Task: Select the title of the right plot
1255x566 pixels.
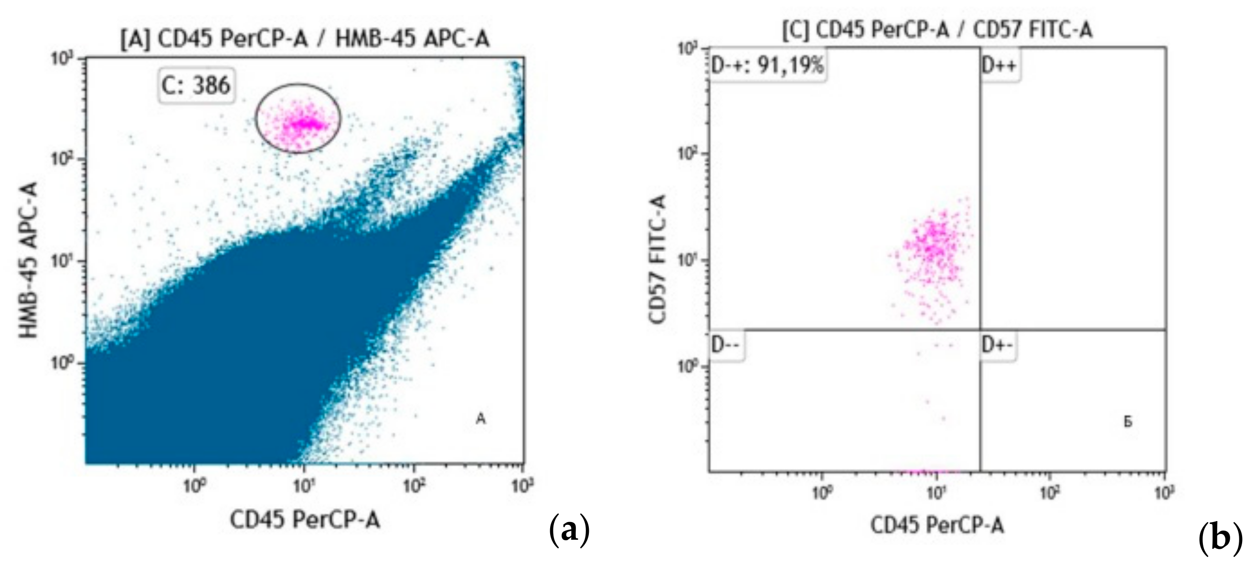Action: pos(937,30)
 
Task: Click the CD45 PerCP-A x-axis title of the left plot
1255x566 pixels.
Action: pos(305,520)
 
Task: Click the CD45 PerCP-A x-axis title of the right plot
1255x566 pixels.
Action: pos(937,525)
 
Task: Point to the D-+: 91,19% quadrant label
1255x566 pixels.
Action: pos(767,65)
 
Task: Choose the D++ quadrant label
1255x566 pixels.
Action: pos(999,65)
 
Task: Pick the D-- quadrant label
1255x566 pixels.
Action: pos(726,345)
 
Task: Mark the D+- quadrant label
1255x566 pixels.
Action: pos(998,345)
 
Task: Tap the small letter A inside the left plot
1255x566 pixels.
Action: pos(480,419)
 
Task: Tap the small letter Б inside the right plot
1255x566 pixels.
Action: pos(1128,422)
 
